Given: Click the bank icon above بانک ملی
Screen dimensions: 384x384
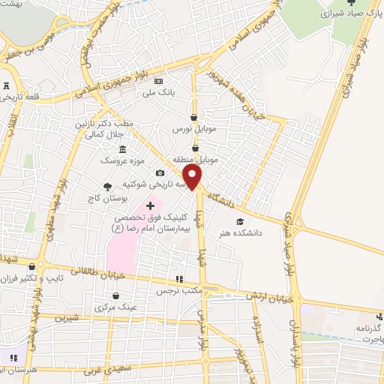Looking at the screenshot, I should (x=158, y=81).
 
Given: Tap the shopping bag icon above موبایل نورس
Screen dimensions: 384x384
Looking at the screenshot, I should (x=195, y=117).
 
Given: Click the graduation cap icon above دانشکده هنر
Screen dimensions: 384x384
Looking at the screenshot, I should (x=240, y=221).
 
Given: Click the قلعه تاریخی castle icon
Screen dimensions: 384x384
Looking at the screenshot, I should (x=6, y=86).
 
